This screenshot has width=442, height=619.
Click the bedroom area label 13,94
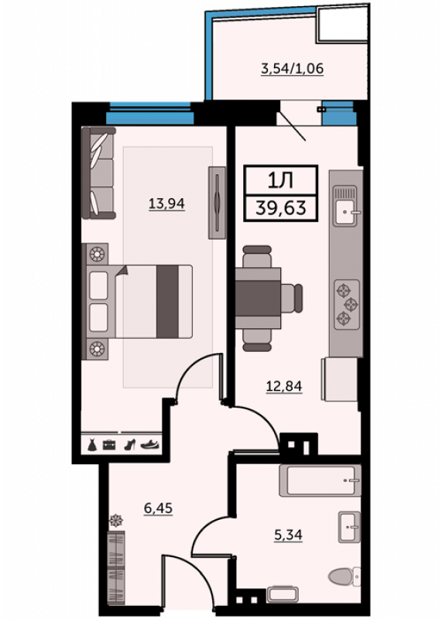tap(166, 203)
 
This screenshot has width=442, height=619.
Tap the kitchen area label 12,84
tap(284, 385)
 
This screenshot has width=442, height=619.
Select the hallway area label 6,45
tap(158, 508)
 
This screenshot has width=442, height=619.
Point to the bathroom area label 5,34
tap(289, 535)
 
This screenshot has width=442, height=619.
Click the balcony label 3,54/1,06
tap(293, 69)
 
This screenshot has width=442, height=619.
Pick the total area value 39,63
tap(281, 207)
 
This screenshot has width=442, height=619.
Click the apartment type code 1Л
tap(280, 180)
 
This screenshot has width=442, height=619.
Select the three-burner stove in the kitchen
tap(347, 304)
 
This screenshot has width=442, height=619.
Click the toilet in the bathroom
tap(344, 576)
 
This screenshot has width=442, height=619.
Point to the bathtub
tap(320, 480)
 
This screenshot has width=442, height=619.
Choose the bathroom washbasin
tap(350, 527)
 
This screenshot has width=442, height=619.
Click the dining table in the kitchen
tap(259, 299)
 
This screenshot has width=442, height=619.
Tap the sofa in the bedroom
tap(99, 173)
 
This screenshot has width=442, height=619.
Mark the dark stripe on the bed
tap(167, 301)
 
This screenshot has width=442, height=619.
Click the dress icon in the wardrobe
tap(92, 444)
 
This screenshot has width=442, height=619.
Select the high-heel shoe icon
tap(129, 444)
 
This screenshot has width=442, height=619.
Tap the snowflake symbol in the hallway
tap(116, 520)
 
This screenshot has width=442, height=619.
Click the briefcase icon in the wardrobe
tap(109, 445)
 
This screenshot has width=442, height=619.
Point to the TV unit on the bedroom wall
tap(217, 203)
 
